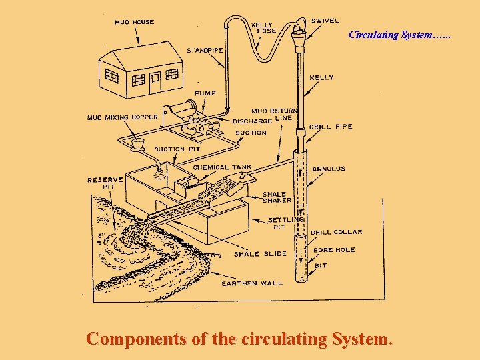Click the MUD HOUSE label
(134, 22)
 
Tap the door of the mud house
(155, 83)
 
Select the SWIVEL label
(325, 21)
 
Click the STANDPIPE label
(205, 51)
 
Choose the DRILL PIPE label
(331, 127)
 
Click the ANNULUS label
(329, 169)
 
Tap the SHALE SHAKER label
(277, 197)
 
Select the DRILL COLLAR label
(336, 232)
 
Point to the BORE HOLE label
(334, 250)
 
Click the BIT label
(321, 265)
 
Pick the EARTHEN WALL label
(252, 283)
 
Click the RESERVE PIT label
(105, 183)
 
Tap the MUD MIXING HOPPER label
(123, 117)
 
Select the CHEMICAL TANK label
(222, 167)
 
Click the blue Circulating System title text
(399, 35)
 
